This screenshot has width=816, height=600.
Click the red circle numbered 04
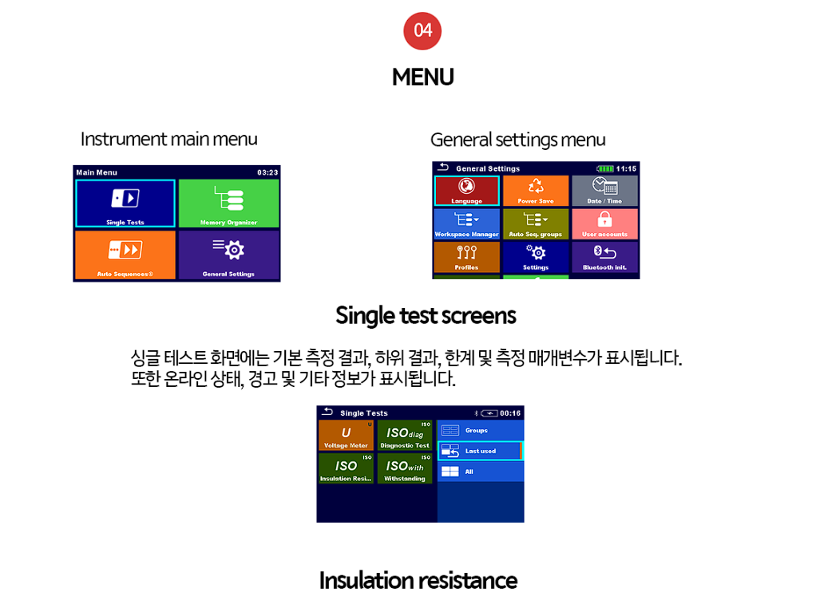pyautogui.click(x=422, y=31)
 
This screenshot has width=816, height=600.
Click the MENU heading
pyautogui.click(x=422, y=77)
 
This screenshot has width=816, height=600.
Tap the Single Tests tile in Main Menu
pyautogui.click(x=125, y=203)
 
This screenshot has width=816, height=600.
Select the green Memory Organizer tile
pyautogui.click(x=228, y=203)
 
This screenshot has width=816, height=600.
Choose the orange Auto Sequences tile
pyautogui.click(x=125, y=255)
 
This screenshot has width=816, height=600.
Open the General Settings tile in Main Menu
pyautogui.click(x=228, y=255)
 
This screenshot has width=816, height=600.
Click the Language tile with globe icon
pyautogui.click(x=467, y=191)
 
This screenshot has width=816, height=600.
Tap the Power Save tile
pyautogui.click(x=536, y=191)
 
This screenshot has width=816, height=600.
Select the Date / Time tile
pyautogui.click(x=604, y=191)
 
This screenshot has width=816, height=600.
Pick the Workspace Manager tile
pyautogui.click(x=467, y=224)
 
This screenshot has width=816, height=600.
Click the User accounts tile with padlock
pyautogui.click(x=604, y=224)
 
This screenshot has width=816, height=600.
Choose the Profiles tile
pyautogui.click(x=467, y=257)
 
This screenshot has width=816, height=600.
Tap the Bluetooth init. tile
pyautogui.click(x=604, y=257)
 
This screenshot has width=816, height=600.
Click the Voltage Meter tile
pyautogui.click(x=346, y=436)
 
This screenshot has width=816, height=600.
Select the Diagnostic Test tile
pyautogui.click(x=405, y=436)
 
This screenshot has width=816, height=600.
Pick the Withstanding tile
pyautogui.click(x=405, y=468)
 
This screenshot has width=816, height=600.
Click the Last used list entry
pyautogui.click(x=480, y=451)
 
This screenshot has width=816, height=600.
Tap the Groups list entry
pyautogui.click(x=480, y=430)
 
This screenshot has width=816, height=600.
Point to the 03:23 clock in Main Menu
pyautogui.click(x=267, y=172)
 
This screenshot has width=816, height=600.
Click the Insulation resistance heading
pyautogui.click(x=418, y=580)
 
